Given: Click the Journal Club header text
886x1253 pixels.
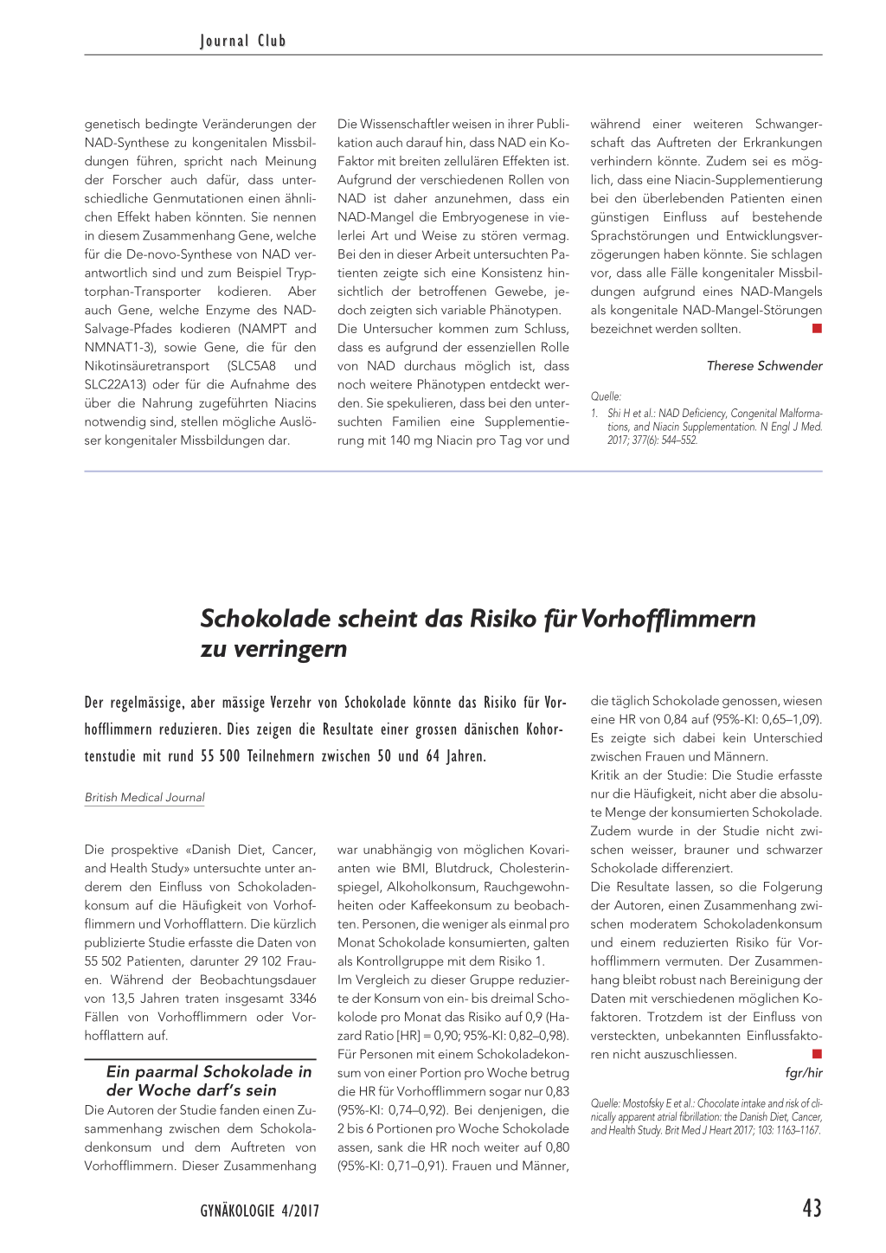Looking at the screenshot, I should click(243, 41).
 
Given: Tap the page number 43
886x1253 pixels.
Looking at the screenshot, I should click(812, 1208).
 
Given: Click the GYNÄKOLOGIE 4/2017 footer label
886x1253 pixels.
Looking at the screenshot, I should click(260, 1211).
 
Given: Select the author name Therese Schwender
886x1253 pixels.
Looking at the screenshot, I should click(764, 366).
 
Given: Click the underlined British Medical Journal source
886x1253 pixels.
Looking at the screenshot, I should click(144, 798).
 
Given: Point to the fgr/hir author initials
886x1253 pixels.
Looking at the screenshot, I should click(803, 1073).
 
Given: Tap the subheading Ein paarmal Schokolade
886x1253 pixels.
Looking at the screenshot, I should click(209, 1081).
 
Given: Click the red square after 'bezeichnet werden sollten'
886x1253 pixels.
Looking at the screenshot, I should click(817, 329).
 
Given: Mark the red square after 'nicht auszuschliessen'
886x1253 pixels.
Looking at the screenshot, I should click(817, 1054).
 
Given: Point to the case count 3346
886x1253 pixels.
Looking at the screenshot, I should click(303, 999).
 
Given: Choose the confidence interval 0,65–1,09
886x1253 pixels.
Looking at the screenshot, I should click(791, 720).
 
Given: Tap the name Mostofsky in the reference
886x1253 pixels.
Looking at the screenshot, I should click(642, 1103).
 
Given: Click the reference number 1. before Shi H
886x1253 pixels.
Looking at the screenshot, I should click(595, 414).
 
